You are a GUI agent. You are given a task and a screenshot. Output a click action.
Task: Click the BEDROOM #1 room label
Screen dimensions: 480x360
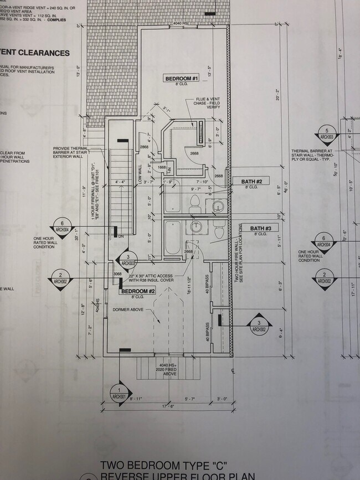coord(181,79)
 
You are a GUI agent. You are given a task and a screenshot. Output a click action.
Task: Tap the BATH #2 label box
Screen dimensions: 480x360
coord(255,181)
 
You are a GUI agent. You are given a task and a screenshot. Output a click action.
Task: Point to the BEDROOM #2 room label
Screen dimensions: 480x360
coord(138,291)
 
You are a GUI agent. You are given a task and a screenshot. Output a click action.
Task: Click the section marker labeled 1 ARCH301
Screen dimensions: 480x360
coord(118,391)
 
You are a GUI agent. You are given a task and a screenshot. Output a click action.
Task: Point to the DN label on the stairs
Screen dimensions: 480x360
coord(121,237)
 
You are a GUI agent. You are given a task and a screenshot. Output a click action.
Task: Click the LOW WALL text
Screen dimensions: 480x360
coord(139,172)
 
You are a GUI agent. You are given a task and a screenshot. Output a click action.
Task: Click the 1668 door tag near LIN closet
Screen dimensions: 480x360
coord(162,167)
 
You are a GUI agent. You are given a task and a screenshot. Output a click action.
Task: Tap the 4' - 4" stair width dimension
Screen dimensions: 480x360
coord(120,182)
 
